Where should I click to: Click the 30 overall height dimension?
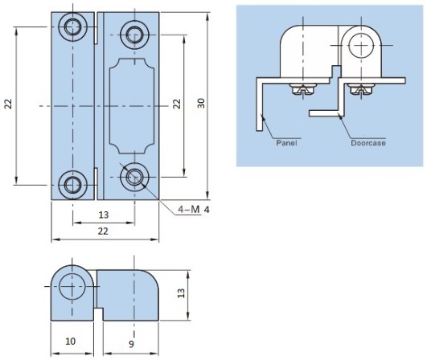[201, 103]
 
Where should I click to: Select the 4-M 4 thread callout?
[194, 210]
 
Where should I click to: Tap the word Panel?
[286, 143]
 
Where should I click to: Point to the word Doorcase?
[368, 143]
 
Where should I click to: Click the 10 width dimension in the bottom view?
[70, 342]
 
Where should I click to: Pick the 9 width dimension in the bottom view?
[131, 344]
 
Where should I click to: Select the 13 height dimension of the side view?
[181, 292]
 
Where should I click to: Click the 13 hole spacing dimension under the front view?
[104, 215]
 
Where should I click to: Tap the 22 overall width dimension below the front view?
[103, 231]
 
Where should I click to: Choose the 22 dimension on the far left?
[9, 104]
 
